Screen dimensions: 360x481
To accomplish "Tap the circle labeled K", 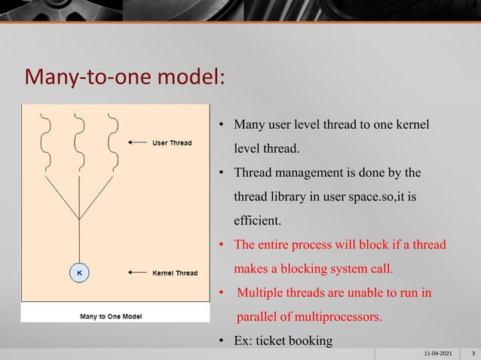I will pyautogui.click(x=78, y=273).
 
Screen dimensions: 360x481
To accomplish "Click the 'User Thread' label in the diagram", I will pyautogui.click(x=172, y=142).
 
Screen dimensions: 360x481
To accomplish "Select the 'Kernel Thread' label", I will pyautogui.click(x=175, y=273).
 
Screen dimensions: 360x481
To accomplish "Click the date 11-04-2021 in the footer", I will pyautogui.click(x=439, y=352).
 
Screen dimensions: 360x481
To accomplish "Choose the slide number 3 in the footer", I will pyautogui.click(x=473, y=352).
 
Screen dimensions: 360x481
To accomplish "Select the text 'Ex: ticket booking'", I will pyautogui.click(x=283, y=341).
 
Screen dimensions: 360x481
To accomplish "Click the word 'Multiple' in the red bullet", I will pyautogui.click(x=262, y=292).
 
